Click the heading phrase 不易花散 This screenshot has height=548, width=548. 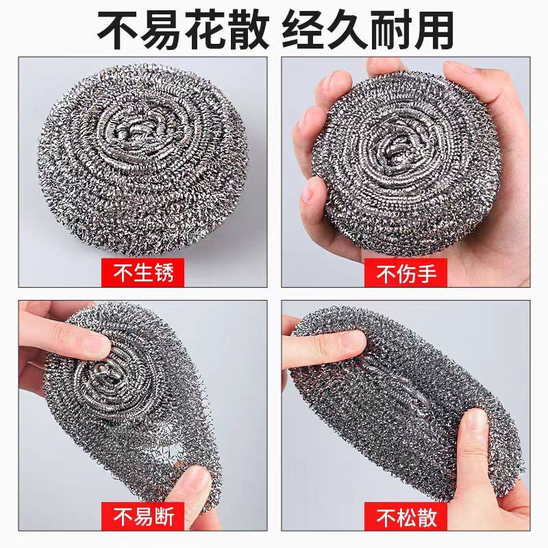pos(179,29)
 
